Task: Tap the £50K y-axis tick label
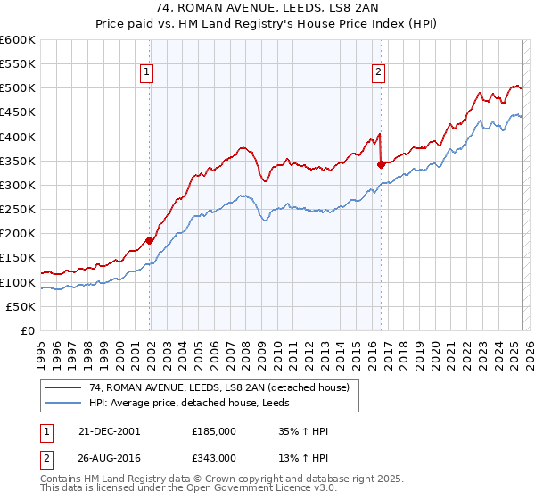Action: pos(21,306)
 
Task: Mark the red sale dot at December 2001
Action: pos(150,240)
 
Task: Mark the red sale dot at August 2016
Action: pos(381,164)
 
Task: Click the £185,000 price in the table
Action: pos(214,430)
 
